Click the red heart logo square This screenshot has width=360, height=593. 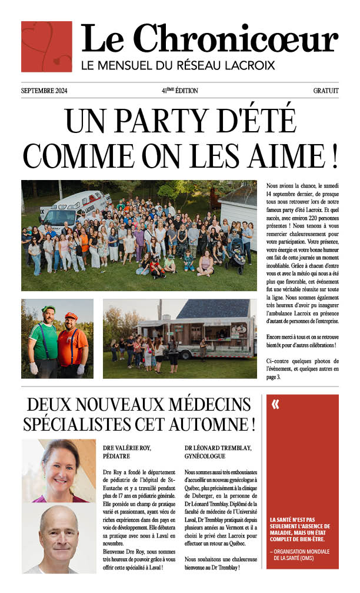tap(46, 46)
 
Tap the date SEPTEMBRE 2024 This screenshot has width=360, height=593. tap(44, 91)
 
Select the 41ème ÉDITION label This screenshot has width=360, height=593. tap(179, 91)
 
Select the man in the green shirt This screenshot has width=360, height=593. tap(44, 341)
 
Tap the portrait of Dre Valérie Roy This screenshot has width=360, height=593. tap(58, 471)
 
